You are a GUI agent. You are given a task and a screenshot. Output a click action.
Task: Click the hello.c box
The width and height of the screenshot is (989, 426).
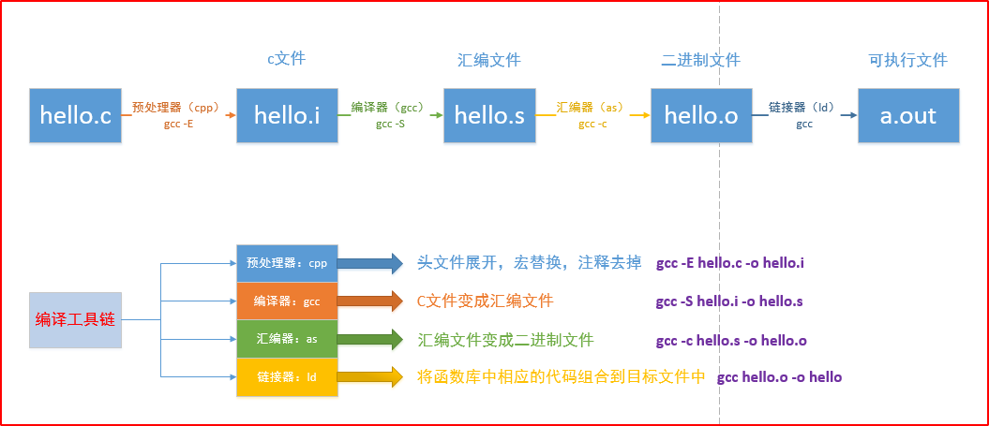click(75, 116)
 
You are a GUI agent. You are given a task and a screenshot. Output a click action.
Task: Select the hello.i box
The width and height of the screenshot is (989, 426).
click(287, 116)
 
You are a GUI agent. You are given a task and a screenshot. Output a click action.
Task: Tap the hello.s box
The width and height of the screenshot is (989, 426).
click(489, 116)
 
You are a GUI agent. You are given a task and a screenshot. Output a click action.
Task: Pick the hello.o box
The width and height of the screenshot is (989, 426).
click(701, 116)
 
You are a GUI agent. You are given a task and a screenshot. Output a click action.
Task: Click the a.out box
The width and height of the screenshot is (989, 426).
click(908, 116)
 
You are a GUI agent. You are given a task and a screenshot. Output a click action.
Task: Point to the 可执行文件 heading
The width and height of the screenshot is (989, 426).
click(907, 61)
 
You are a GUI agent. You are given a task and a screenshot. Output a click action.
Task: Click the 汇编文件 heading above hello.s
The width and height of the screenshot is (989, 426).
click(489, 61)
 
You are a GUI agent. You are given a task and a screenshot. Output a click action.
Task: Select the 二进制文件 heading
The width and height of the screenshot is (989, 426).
click(700, 61)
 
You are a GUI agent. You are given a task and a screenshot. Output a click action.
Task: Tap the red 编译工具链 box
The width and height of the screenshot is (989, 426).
click(75, 319)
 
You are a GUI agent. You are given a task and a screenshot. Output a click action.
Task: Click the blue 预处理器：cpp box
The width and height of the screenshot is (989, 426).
click(287, 263)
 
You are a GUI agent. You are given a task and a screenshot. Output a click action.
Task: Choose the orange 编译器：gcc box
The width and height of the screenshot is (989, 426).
click(287, 301)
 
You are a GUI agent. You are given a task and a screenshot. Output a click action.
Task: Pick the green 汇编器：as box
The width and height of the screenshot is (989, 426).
click(287, 339)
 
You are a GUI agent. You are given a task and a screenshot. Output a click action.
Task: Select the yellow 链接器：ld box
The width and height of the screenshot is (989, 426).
click(287, 377)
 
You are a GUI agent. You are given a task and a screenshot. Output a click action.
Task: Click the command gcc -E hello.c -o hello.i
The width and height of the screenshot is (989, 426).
click(730, 263)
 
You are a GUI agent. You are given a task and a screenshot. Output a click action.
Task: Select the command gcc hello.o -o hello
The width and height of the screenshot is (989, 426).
click(779, 377)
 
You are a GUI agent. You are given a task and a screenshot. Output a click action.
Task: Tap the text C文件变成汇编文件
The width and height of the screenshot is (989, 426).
click(485, 301)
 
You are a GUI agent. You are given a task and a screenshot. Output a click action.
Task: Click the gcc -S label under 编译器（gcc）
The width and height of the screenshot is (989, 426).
click(390, 124)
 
